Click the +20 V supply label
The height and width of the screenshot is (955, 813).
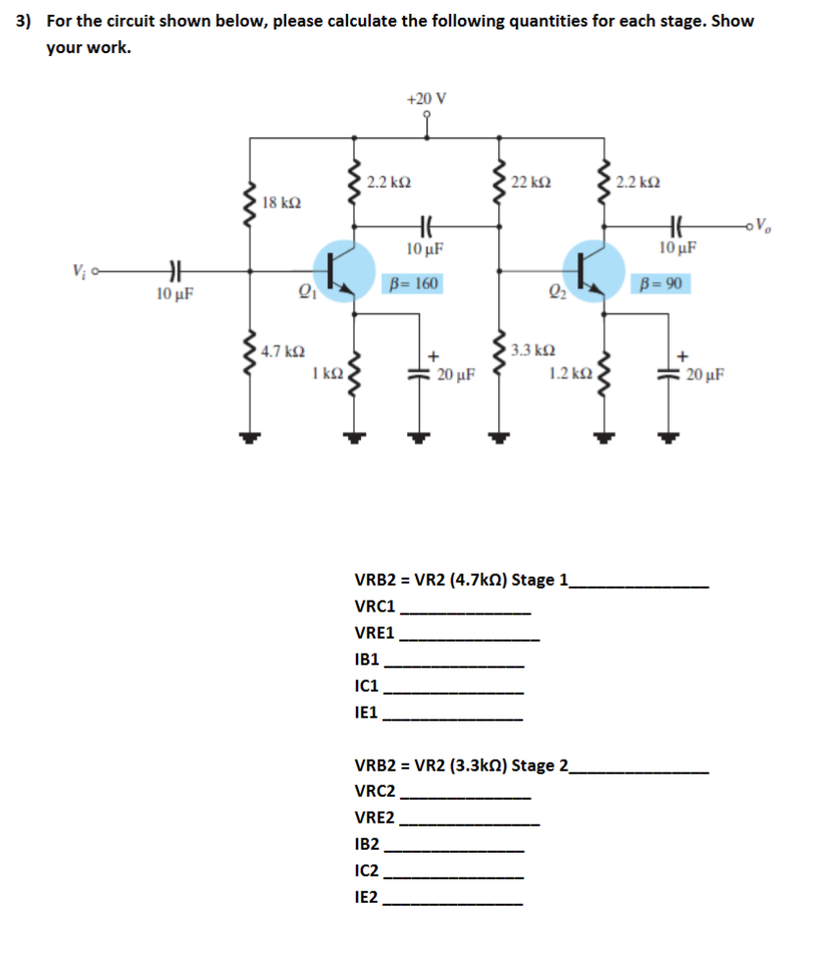tap(426, 98)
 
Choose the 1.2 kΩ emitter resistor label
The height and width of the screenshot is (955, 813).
tap(569, 373)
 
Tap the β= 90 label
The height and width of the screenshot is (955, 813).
tap(662, 285)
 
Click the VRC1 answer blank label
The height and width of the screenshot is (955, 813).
tap(375, 607)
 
